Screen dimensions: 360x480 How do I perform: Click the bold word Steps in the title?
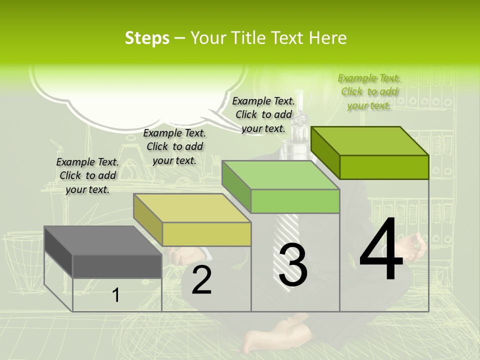tap(147, 38)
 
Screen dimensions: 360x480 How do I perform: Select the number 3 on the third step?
tap(293, 265)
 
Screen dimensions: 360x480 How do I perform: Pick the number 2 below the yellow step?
tap(201, 280)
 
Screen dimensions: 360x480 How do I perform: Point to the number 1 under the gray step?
tap(116, 295)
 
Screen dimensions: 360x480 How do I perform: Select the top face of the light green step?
tap(280, 175)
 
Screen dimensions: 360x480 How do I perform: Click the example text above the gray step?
tap(87, 175)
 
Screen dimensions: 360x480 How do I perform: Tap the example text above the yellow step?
tap(174, 146)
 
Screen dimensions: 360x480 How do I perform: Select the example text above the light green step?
tap(263, 114)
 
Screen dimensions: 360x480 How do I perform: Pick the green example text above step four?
tap(369, 91)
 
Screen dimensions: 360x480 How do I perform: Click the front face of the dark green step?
tap(384, 167)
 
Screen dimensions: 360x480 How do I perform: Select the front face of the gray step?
tap(117, 266)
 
